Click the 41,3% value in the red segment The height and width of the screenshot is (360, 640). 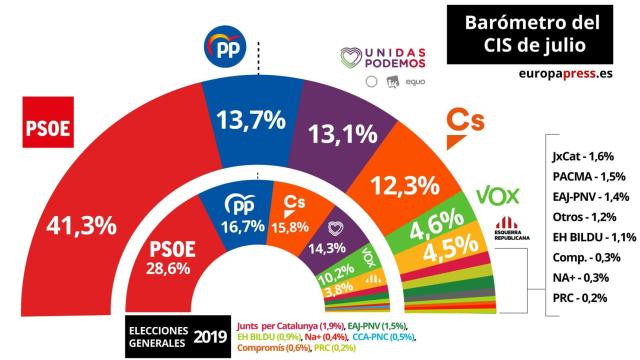click(x=80, y=226)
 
